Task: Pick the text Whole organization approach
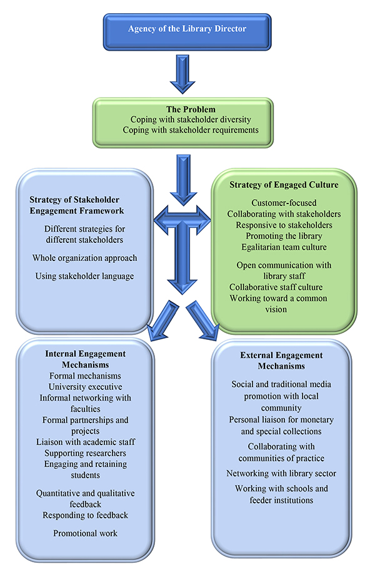tap(84, 257)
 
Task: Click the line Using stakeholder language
tap(84, 276)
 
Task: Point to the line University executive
tap(86, 386)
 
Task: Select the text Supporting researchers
tap(86, 453)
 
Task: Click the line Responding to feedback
tap(86, 515)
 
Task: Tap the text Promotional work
tap(86, 533)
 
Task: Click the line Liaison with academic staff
tap(86, 441)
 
